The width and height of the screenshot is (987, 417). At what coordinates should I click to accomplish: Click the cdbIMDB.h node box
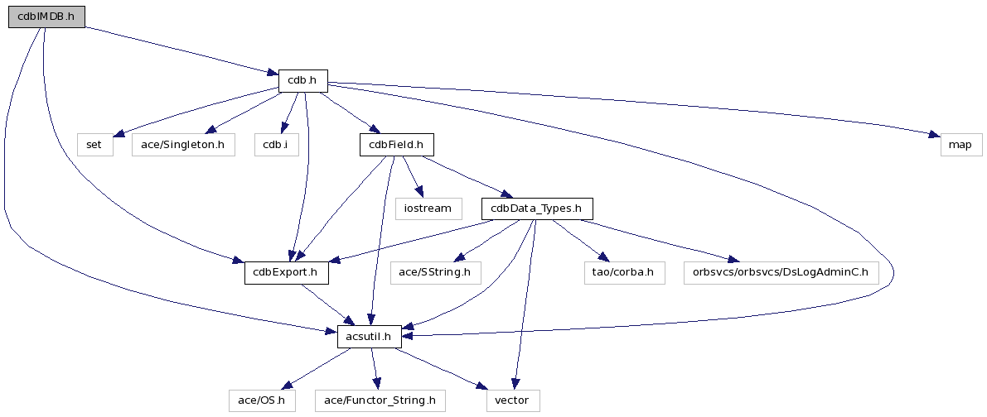click(46, 17)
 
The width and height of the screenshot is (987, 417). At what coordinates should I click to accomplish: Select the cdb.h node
click(302, 80)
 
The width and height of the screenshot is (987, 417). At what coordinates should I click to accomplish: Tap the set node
click(94, 145)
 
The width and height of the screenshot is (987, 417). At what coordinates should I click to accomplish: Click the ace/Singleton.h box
click(182, 145)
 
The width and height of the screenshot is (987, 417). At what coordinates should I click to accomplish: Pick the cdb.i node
click(275, 145)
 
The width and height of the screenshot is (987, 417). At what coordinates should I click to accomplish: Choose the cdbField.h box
click(396, 145)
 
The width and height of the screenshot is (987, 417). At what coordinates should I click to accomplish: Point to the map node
click(960, 145)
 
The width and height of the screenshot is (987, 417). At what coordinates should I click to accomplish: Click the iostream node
click(428, 208)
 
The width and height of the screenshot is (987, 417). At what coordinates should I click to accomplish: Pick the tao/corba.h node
click(624, 272)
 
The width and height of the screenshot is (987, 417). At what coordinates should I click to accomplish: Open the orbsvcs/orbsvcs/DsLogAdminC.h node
click(780, 272)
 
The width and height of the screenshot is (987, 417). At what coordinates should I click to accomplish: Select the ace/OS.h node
click(262, 400)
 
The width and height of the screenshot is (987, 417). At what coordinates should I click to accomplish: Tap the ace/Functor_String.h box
click(380, 400)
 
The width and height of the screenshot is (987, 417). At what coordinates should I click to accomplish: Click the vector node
click(513, 400)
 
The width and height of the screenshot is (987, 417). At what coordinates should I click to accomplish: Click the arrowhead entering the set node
click(118, 133)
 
